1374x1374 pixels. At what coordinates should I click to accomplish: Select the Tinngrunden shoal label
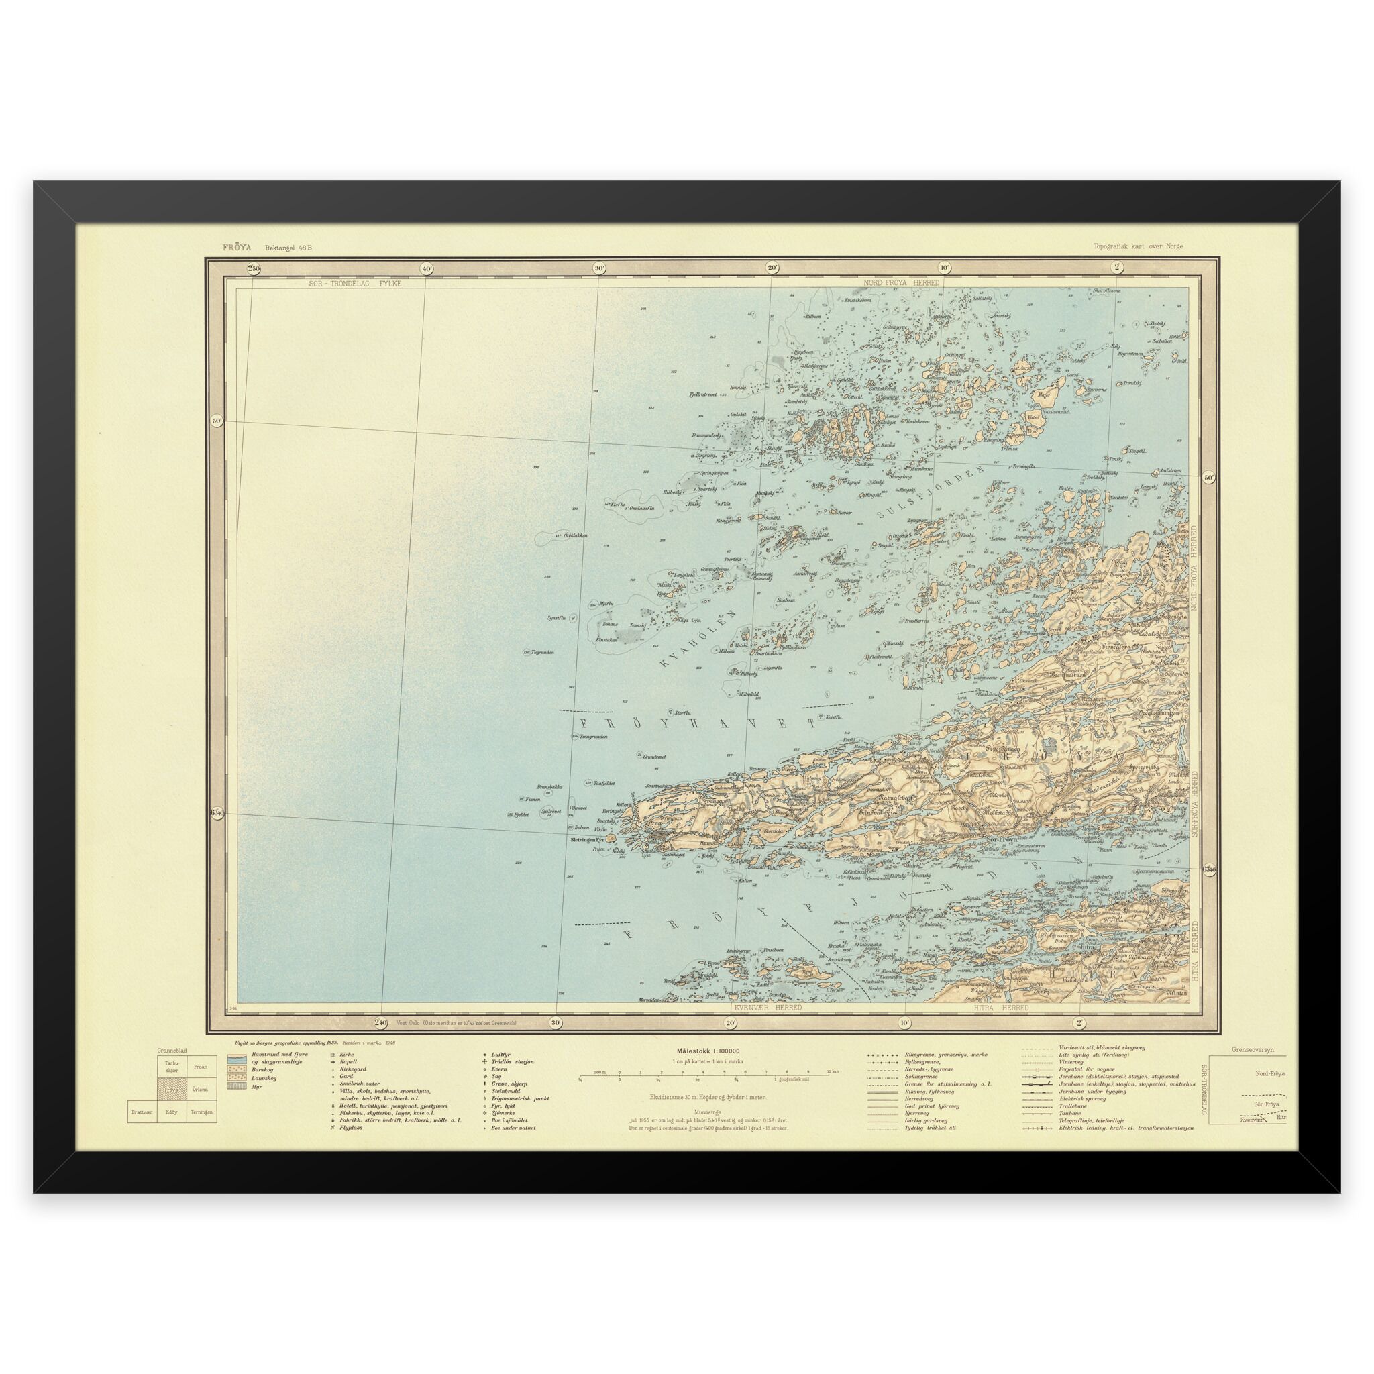(594, 737)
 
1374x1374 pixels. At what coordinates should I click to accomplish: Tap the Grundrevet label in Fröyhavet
(653, 757)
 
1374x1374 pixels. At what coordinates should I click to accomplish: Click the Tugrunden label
(543, 652)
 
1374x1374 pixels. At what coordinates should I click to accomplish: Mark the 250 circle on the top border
(254, 268)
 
